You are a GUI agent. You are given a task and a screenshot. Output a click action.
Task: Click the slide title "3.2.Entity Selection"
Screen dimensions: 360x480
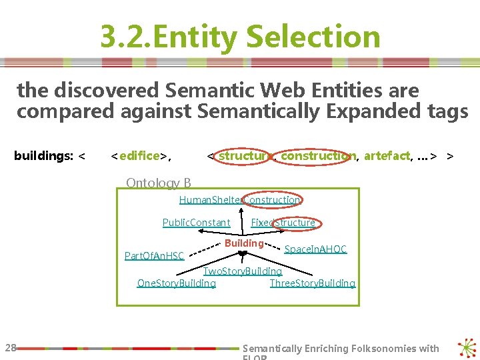click(x=240, y=37)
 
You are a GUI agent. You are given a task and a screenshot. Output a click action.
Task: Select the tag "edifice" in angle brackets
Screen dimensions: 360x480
click(x=140, y=156)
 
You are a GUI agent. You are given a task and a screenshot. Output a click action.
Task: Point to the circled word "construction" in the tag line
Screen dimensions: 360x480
click(x=317, y=156)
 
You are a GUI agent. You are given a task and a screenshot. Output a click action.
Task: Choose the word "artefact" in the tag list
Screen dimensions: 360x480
click(x=387, y=156)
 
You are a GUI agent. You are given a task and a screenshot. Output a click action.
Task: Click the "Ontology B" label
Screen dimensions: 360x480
click(x=159, y=183)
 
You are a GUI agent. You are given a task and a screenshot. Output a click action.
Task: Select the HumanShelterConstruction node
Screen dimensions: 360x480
click(x=240, y=199)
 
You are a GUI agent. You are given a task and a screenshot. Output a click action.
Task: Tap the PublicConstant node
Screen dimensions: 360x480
click(x=196, y=223)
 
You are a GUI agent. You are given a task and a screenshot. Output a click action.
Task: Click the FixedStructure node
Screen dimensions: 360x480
click(x=283, y=223)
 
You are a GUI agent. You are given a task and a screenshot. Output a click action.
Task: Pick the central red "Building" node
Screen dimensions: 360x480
click(x=244, y=243)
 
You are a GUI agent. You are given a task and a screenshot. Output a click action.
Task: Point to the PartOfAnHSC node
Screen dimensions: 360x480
click(x=155, y=255)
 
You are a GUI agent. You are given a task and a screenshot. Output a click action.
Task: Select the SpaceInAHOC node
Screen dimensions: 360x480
click(x=315, y=249)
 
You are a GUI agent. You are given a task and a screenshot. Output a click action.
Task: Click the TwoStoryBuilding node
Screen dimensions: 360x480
click(x=243, y=271)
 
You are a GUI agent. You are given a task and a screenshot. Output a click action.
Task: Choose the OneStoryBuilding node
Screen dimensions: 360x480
click(x=177, y=283)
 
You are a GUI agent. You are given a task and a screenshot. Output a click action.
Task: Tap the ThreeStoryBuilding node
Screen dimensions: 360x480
click(x=313, y=283)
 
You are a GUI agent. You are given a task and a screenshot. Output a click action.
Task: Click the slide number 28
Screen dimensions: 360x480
click(x=11, y=347)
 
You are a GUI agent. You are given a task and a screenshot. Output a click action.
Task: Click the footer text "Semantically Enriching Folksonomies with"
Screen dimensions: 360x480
click(x=341, y=348)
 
